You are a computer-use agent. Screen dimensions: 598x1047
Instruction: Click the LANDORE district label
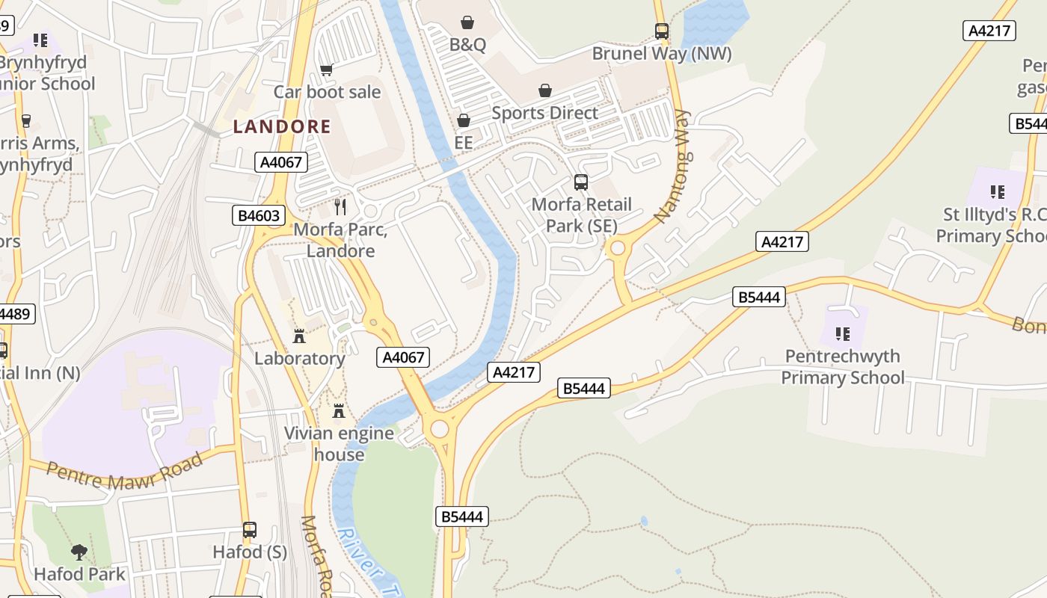click(281, 126)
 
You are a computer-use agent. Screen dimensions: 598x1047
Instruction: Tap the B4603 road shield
click(258, 216)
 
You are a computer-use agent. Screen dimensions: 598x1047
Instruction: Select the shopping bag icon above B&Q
click(467, 22)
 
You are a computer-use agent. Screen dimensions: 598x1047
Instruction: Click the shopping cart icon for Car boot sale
click(326, 70)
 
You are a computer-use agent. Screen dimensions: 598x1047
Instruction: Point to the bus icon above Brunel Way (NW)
click(662, 31)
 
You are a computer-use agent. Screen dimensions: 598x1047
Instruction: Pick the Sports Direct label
click(544, 113)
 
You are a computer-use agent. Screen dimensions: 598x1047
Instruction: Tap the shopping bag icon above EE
click(464, 120)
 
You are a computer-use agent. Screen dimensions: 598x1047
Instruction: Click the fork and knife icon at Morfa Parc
click(340, 206)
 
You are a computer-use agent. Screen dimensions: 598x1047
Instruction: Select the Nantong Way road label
click(672, 166)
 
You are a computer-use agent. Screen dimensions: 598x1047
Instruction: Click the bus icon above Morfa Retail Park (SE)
click(581, 182)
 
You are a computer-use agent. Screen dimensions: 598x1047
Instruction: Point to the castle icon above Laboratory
click(299, 336)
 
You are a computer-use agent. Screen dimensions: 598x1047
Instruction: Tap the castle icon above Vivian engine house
click(339, 410)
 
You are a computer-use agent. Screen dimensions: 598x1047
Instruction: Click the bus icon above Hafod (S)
click(250, 530)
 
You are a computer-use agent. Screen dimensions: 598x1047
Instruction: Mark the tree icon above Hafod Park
click(79, 552)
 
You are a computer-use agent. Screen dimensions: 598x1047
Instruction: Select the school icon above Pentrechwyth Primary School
click(843, 333)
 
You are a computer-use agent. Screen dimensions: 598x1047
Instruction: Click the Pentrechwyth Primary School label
click(843, 367)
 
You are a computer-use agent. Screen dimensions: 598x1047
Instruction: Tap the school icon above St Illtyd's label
click(997, 192)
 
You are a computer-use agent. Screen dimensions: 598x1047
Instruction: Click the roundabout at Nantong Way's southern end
click(618, 248)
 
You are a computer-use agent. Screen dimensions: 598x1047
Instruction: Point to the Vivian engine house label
click(339, 444)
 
